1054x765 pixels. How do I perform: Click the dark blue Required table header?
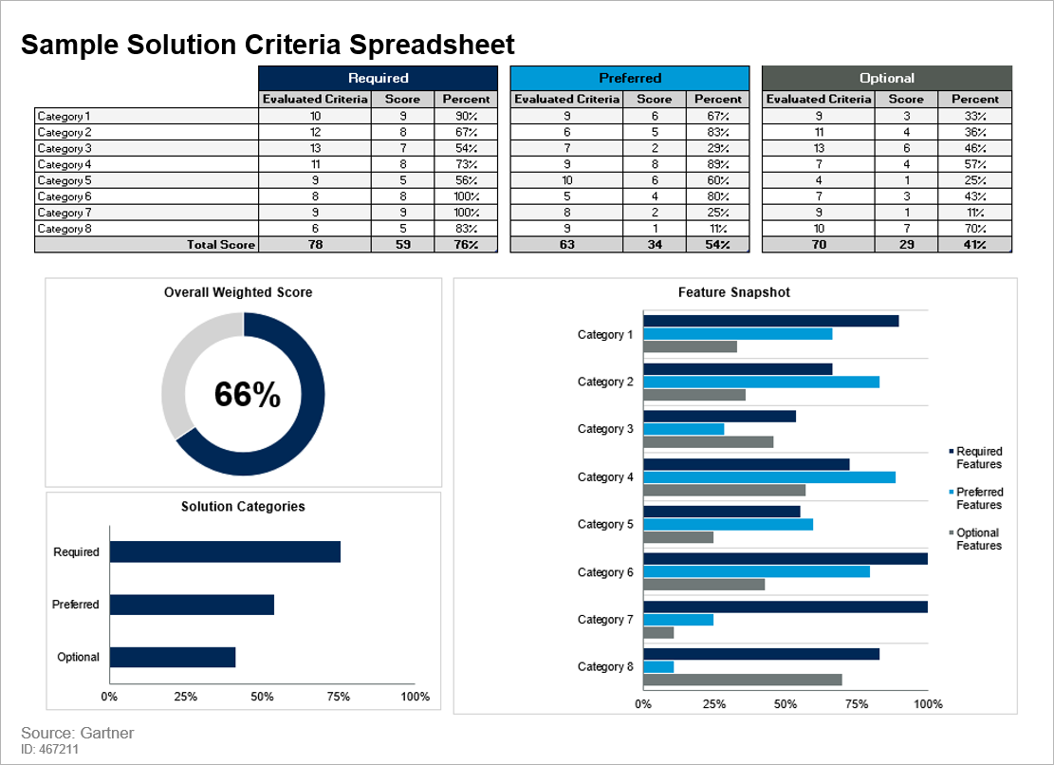point(378,78)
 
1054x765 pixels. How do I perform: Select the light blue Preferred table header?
point(630,78)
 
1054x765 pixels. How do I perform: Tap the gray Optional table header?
point(887,78)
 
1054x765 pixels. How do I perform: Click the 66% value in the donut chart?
point(247,395)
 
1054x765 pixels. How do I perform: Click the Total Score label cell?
point(221,245)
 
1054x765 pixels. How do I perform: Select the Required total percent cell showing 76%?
point(466,245)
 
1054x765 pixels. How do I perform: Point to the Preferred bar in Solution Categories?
point(192,605)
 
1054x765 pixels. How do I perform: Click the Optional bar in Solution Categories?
point(172,657)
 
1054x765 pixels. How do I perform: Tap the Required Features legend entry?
point(978,457)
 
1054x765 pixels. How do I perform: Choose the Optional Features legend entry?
point(978,539)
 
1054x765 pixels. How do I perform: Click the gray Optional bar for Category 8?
point(742,680)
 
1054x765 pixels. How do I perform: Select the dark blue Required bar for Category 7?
point(785,606)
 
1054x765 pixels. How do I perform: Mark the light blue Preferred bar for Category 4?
point(768,477)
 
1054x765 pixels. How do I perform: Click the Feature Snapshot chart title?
point(734,292)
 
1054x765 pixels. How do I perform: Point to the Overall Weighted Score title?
point(238,292)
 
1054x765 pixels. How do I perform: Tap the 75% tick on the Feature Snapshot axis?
point(856,704)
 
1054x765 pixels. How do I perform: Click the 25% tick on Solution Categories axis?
point(186,697)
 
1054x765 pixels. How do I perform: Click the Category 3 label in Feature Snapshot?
point(605,429)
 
